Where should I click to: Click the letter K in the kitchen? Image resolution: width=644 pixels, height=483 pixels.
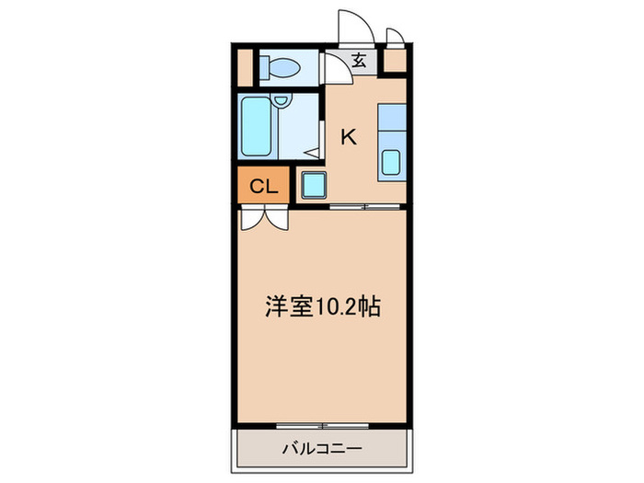(x=349, y=137)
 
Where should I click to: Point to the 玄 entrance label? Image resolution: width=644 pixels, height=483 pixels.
(x=361, y=63)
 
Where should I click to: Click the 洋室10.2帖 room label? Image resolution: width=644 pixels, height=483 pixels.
(x=323, y=307)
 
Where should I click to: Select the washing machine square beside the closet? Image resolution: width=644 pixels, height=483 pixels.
(x=313, y=185)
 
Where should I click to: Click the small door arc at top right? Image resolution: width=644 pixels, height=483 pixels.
(x=395, y=37)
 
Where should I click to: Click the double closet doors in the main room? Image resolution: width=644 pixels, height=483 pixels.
(x=265, y=219)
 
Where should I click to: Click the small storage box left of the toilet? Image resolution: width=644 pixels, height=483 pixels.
(x=244, y=67)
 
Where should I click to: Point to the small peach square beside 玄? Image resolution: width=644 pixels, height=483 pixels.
(x=396, y=63)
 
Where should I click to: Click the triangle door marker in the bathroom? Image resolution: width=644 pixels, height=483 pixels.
(x=312, y=153)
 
